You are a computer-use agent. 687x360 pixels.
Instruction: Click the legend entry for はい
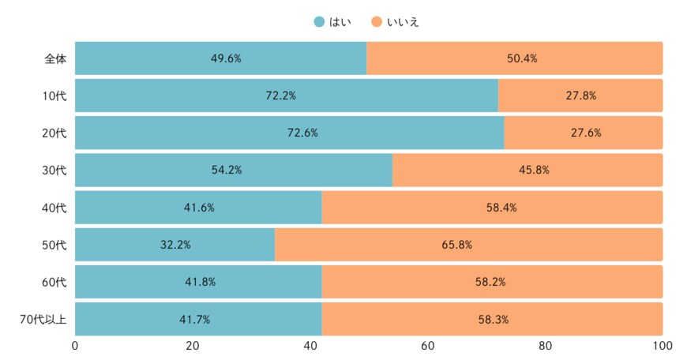332,21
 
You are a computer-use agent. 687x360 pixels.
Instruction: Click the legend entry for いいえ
393,21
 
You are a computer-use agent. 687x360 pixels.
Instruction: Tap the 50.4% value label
515,58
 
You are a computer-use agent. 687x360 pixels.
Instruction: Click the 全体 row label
55,58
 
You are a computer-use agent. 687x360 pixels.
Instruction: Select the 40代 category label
54,208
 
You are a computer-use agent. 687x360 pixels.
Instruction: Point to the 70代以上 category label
43,319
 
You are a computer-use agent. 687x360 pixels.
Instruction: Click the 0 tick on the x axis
75,346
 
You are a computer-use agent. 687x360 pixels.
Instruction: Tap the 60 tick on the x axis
427,346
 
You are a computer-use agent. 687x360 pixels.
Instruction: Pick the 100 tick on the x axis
662,346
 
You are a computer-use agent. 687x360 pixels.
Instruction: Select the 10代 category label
54,96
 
